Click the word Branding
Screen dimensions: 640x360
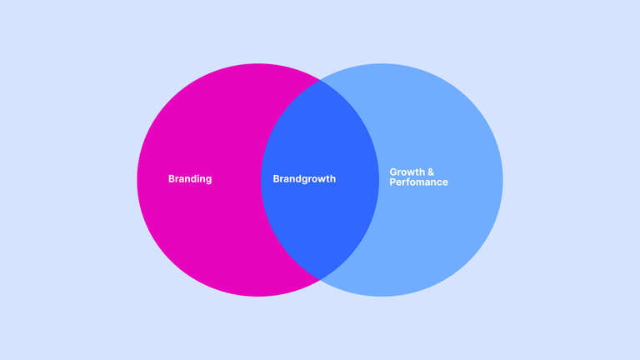[190, 179]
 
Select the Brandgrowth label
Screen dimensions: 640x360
[304, 179]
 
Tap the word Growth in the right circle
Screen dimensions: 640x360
[406, 172]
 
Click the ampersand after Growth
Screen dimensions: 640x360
[430, 172]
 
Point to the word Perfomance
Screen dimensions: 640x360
[418, 182]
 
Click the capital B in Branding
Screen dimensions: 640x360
[172, 179]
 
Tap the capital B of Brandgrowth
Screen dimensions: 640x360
[276, 179]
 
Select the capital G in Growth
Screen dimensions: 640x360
[393, 172]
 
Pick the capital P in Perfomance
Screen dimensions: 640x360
[392, 182]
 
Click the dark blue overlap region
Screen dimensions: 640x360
[320, 180]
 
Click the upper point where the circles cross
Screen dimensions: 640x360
[320, 80]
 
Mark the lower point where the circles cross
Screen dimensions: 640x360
[320, 280]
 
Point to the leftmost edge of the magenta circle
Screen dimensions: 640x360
[137, 180]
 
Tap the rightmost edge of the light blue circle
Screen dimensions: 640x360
[502, 180]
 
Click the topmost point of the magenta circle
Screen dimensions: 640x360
[258, 63]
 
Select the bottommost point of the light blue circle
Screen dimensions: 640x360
[382, 297]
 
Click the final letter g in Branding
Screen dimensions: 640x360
[208, 180]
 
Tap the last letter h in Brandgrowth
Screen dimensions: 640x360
[333, 179]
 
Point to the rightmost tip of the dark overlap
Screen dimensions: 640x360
[379, 180]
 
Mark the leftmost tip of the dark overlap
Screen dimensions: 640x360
[261, 180]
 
